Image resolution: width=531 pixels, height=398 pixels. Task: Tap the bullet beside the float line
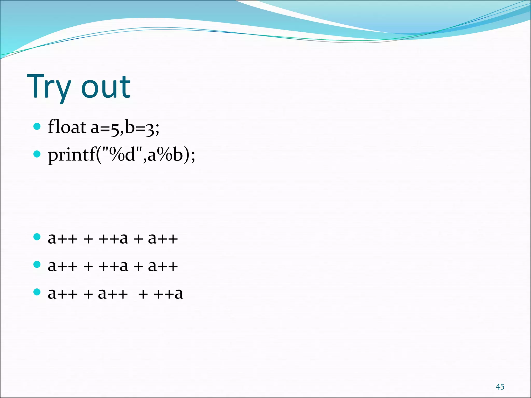coord(37,126)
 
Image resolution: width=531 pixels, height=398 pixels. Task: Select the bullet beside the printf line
coord(37,154)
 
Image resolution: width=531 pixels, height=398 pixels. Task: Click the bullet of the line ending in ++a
coord(37,292)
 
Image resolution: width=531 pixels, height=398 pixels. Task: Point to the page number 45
coord(500,387)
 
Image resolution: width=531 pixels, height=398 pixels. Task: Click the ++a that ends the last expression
coord(169,294)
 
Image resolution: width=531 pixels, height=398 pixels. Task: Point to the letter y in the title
coord(62,89)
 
